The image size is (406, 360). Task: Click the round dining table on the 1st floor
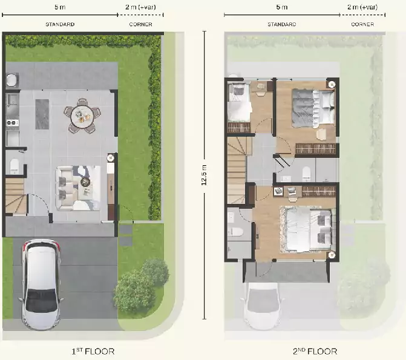point(82,116)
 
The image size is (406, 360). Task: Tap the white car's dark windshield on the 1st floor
point(41,300)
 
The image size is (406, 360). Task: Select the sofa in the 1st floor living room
point(64,188)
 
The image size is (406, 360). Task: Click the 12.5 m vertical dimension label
point(204,175)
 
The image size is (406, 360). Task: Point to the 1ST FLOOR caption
point(93,352)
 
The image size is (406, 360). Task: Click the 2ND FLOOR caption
point(315,352)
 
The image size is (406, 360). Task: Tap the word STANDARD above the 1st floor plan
point(60,24)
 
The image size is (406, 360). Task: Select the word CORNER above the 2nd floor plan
point(362,24)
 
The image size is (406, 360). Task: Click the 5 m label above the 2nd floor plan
point(282,7)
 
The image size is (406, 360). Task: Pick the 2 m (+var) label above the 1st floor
point(140,7)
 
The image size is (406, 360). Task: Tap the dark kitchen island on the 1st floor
point(42,114)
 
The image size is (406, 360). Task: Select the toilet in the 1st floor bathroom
point(15,166)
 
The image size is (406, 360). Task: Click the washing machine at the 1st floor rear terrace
point(12,80)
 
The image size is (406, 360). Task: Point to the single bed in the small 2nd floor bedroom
point(239,102)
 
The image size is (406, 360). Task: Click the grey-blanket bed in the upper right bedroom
point(313,108)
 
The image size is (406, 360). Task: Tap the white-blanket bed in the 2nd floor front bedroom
point(306,229)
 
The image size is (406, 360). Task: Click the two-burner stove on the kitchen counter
point(13,123)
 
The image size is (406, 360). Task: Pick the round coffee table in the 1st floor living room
point(85,182)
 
